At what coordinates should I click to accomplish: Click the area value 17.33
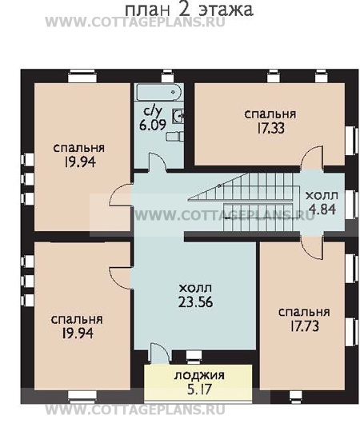[x=270, y=128]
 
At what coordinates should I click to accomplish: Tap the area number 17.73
[x=304, y=326]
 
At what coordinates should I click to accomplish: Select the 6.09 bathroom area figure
[x=153, y=125]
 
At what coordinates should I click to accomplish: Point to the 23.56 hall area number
[x=195, y=302]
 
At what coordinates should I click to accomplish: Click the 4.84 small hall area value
[x=322, y=210]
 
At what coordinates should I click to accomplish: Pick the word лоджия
[x=199, y=376]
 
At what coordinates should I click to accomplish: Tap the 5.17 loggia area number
[x=199, y=389]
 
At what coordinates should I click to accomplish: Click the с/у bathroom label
[x=153, y=111]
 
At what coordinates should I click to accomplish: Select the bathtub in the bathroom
[x=158, y=92]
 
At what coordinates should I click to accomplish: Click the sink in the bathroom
[x=178, y=116]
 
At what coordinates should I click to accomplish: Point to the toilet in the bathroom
[x=175, y=137]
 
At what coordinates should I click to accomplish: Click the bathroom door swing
[x=157, y=162]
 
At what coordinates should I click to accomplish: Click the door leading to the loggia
[x=158, y=353]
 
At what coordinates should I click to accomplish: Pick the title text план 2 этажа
[x=189, y=10]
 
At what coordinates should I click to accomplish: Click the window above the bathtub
[x=167, y=76]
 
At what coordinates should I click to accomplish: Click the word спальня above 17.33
[x=270, y=114]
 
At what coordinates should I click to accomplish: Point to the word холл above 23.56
[x=195, y=288]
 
